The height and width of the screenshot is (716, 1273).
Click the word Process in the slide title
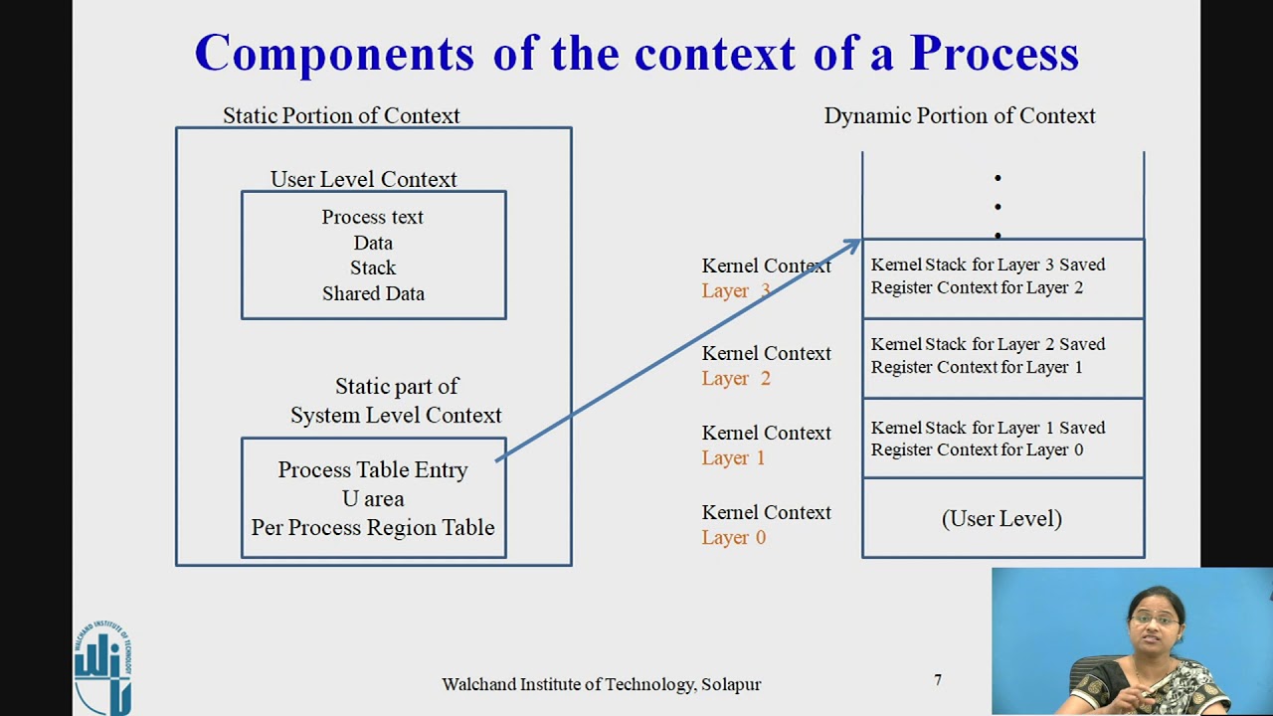[x=994, y=53]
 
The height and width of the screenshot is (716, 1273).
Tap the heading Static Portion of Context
[x=341, y=115]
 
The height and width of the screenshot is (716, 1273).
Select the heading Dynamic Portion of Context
[x=959, y=115]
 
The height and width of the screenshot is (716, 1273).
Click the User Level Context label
[x=363, y=179]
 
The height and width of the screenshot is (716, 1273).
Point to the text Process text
[x=372, y=217]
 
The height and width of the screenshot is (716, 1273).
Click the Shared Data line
[x=373, y=293]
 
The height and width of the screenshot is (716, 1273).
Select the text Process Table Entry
[x=372, y=469]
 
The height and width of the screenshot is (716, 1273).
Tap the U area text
[x=373, y=498]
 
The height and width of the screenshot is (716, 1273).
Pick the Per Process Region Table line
[x=372, y=527]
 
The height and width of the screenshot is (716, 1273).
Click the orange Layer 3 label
[x=735, y=290]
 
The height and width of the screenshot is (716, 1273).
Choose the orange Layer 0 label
[x=733, y=537]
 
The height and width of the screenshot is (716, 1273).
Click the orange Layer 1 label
[x=733, y=457]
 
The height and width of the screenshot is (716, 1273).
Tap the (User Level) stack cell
[x=1001, y=518]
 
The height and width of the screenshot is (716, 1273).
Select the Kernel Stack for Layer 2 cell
[x=1001, y=356]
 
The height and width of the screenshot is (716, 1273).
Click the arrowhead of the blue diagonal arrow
[x=853, y=244]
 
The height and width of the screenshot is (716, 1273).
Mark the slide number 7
[x=937, y=680]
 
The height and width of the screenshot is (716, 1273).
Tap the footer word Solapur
[x=731, y=684]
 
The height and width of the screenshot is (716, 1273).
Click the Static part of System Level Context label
[x=396, y=400]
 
